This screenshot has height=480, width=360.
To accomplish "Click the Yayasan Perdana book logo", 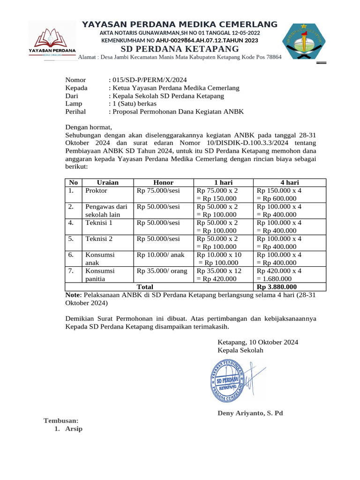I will coord(52,41).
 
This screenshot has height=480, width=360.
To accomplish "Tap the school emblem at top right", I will coord(303,41).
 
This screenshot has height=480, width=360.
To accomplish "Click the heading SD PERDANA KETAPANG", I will coord(180,49).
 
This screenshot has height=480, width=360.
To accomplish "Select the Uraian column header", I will coord(107,182).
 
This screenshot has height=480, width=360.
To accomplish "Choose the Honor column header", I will coord(163,182).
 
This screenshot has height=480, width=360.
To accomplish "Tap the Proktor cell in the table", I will coord(96,190).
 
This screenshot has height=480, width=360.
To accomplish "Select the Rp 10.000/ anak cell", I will coord(161,255).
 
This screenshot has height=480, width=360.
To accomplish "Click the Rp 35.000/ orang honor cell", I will coord(162,270).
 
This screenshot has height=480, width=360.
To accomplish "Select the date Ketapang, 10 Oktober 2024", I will coord(258,342).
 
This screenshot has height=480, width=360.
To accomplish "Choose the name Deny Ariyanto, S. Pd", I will coord(250,413).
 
